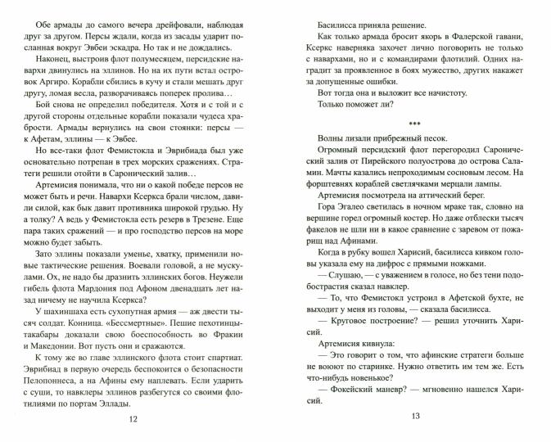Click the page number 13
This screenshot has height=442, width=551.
(415, 420)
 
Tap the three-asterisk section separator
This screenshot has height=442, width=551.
(415, 129)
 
